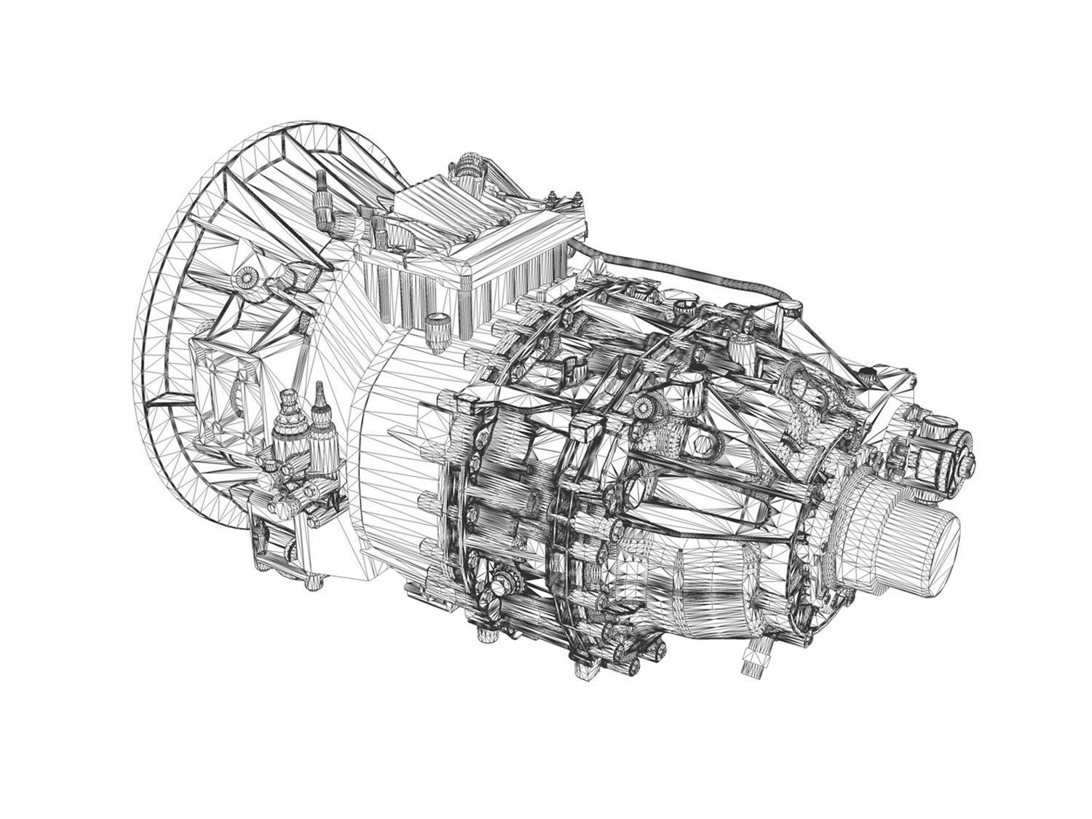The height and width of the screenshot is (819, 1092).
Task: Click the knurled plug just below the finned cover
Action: [438, 324]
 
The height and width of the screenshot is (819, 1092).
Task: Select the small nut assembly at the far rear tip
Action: [954, 444]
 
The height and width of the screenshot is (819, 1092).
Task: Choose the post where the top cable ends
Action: [782, 309]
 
